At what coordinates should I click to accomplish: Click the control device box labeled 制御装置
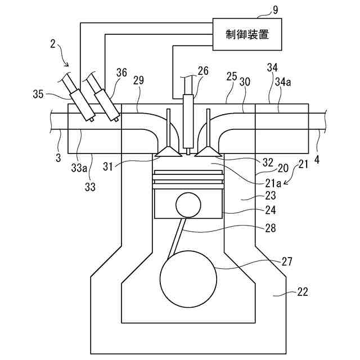coord(246,35)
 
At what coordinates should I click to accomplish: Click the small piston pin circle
coord(187,204)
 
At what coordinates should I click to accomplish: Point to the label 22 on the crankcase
coord(302,291)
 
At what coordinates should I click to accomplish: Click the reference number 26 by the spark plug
coord(202,71)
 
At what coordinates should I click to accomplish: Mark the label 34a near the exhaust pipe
coord(285,82)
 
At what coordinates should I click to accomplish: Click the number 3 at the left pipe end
coord(58,159)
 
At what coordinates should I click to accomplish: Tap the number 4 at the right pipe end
coord(317,159)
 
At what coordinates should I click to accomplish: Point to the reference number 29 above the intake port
coord(138,81)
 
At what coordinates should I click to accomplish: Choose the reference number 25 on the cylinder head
coord(231,75)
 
